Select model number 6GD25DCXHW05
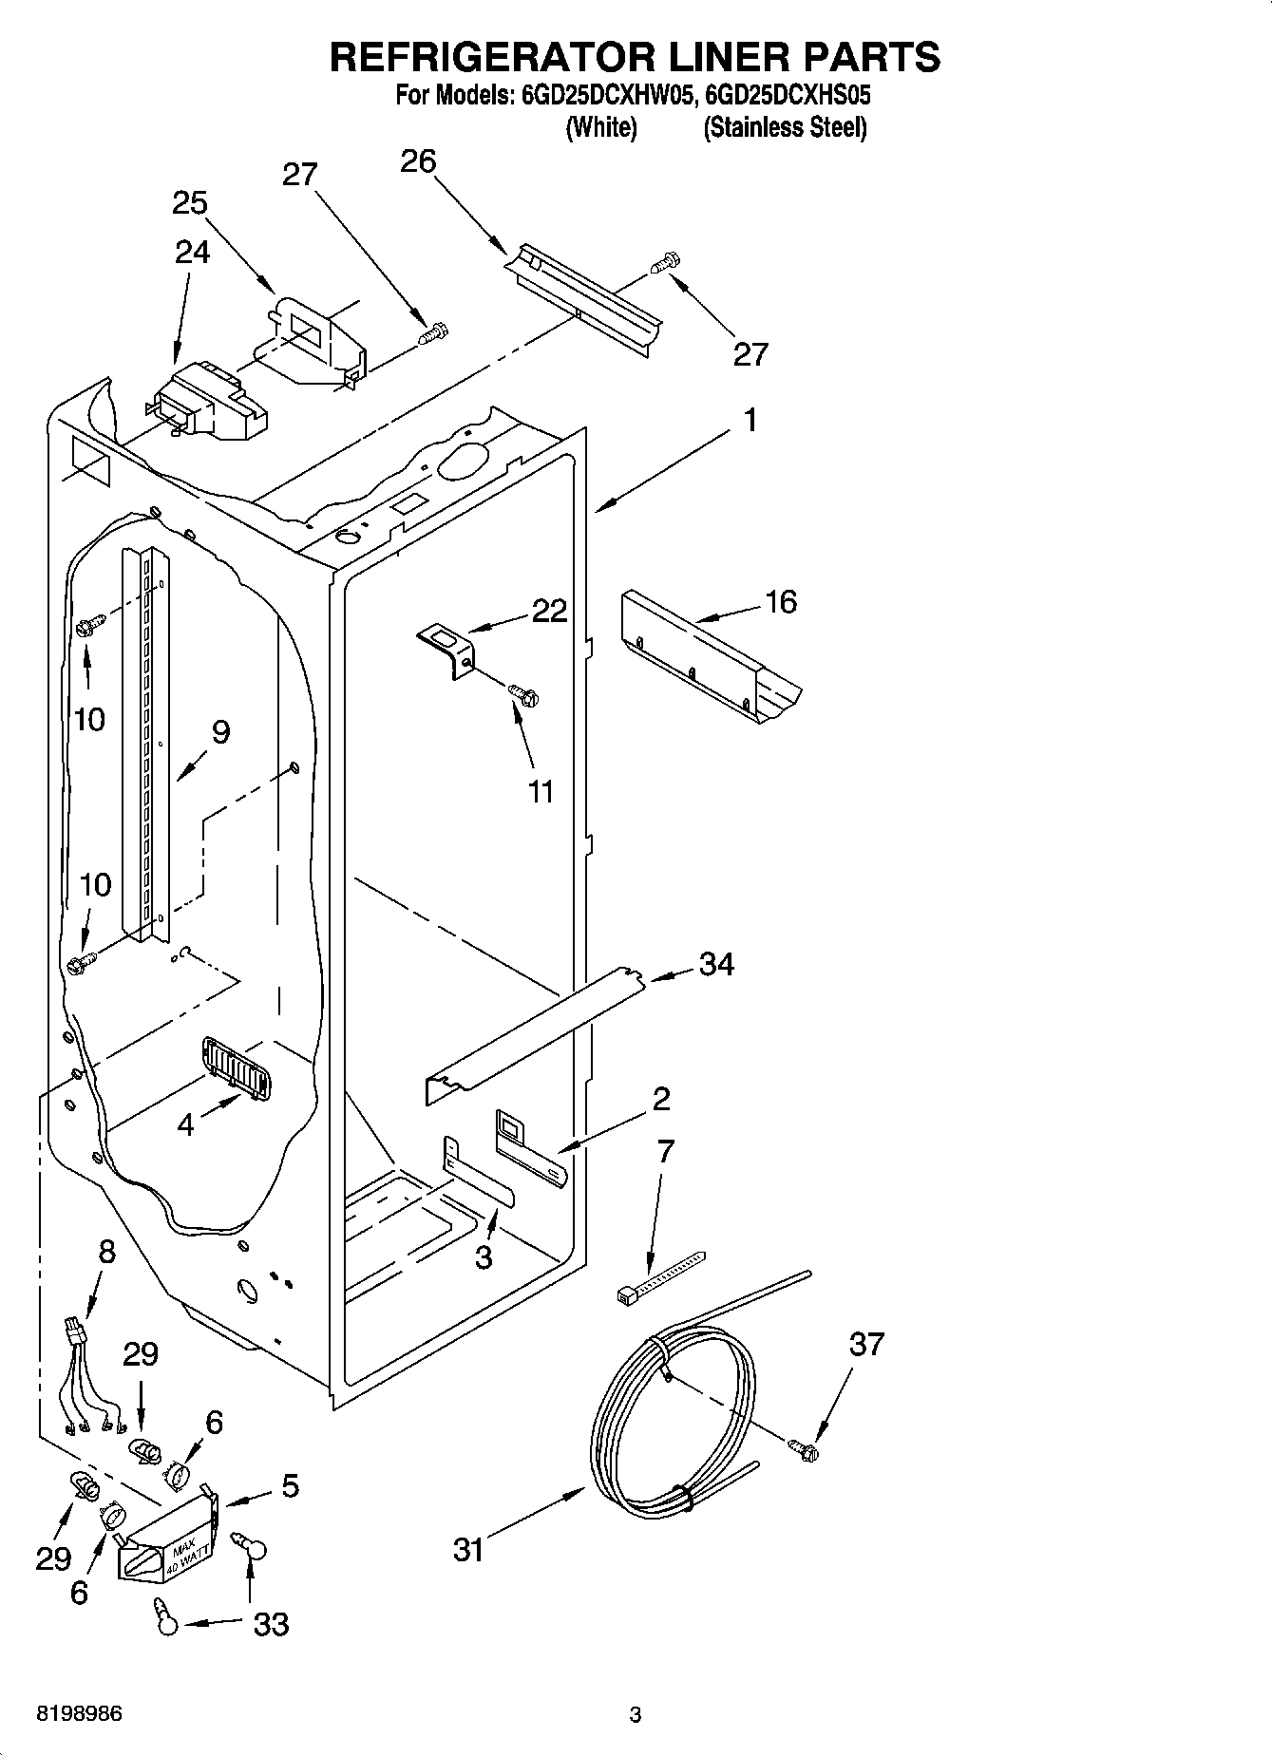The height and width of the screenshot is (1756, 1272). pos(604,96)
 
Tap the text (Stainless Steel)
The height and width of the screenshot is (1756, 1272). pos(784,127)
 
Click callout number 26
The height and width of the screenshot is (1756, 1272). pos(418,161)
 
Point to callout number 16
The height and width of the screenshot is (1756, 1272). pos(781,602)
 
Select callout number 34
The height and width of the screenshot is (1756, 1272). pos(716,964)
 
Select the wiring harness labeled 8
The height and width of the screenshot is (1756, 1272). pos(88,1377)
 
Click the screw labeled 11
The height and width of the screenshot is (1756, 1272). pos(523,695)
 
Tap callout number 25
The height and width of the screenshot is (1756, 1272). pos(190,203)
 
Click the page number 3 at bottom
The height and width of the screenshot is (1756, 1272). pos(636,1714)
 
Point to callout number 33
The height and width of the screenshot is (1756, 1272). pos(271,1624)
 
